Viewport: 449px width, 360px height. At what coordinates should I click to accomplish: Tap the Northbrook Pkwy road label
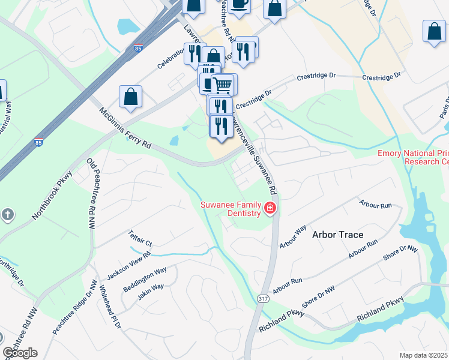tap(53, 194)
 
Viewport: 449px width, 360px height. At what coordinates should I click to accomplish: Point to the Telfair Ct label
tap(140, 238)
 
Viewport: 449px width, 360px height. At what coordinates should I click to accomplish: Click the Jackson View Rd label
tap(128, 265)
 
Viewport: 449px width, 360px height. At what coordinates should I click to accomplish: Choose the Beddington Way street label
tap(145, 280)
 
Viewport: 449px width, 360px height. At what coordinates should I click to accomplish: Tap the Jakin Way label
tap(150, 291)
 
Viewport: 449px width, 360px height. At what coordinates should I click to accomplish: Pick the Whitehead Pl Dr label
tap(110, 307)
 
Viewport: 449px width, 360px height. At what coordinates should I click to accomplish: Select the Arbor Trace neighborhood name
tap(337, 235)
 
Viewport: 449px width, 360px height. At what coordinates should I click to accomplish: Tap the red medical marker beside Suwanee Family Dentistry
tap(270, 209)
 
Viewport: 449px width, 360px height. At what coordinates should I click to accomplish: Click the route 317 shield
tap(262, 298)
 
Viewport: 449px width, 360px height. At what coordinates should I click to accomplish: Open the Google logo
tap(20, 353)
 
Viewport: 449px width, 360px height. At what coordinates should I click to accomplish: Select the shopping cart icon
tap(223, 84)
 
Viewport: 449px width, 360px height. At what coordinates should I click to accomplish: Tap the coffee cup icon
tap(238, 4)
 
